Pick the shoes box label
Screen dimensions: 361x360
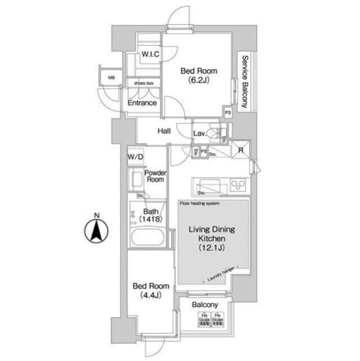coord(143,83)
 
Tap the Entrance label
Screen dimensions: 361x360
coord(141,103)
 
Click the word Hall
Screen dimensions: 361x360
coord(164,131)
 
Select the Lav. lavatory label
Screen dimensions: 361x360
coord(200,134)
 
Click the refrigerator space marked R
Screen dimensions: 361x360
coord(241,150)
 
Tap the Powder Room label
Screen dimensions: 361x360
coord(154,176)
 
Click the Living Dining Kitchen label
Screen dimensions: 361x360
coord(211,239)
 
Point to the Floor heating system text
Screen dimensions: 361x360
coord(200,202)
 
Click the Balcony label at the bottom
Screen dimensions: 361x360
coord(205,305)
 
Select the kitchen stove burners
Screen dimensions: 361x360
coord(238,184)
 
